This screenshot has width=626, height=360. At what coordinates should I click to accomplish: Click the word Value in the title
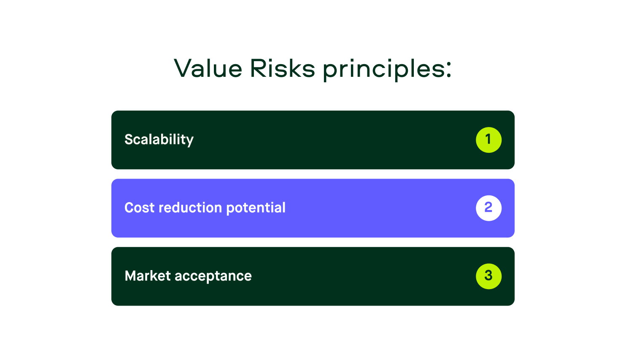208,68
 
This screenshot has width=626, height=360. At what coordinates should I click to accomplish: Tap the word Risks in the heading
283,68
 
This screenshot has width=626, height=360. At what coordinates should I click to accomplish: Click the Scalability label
159,139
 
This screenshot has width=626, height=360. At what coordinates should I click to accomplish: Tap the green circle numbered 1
488,140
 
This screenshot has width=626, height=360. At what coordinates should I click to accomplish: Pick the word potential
256,208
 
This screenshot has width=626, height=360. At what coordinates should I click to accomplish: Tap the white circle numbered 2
488,208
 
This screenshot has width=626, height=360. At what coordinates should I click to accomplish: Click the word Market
148,276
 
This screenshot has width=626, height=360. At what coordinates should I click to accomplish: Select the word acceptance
213,276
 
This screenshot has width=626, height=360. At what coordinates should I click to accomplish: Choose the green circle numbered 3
488,276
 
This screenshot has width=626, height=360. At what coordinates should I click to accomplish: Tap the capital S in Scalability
129,139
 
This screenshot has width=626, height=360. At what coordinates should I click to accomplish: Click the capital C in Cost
130,208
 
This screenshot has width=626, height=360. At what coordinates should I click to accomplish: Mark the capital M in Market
131,276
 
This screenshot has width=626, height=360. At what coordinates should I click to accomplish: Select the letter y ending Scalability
190,141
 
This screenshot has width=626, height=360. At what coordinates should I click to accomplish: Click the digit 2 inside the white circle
488,207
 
